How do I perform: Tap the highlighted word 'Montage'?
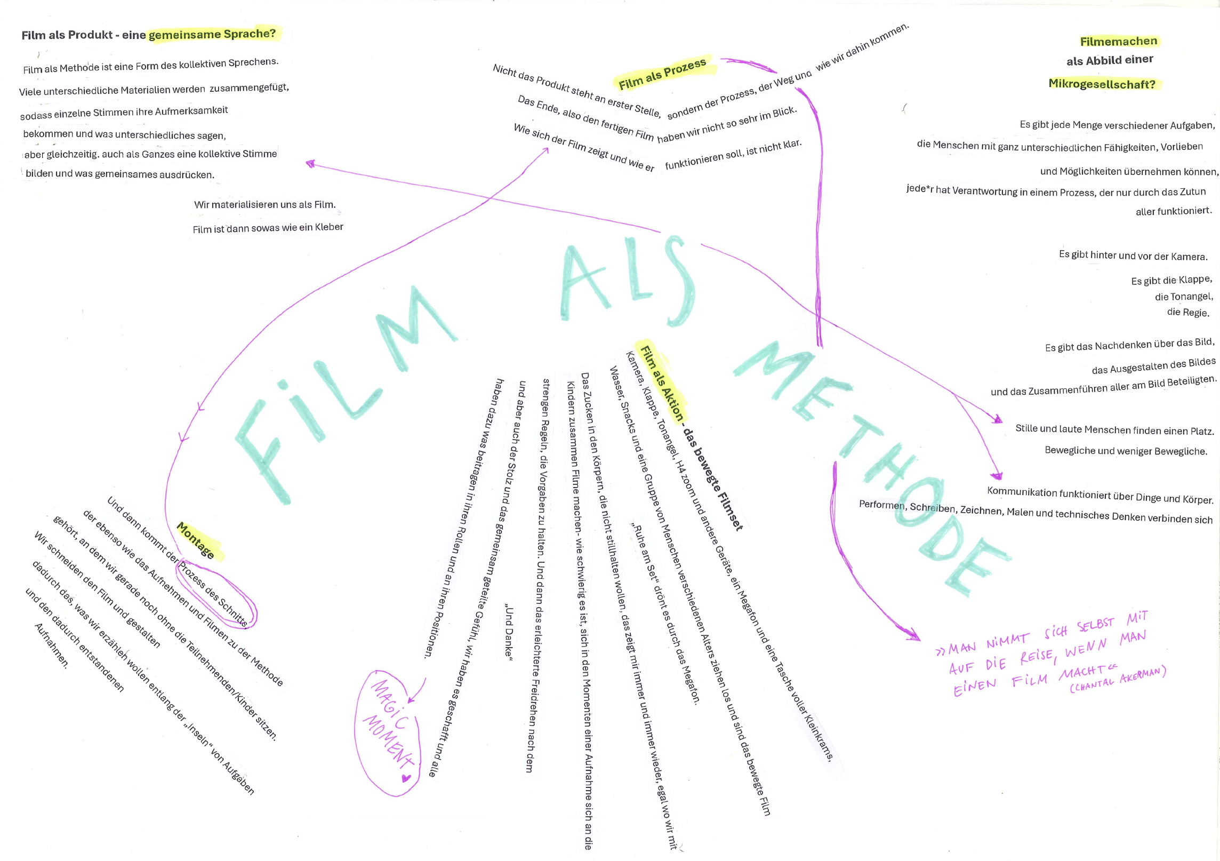coord(196,540)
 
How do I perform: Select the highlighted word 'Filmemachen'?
coord(1118,41)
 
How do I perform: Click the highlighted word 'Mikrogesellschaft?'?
coord(1102,84)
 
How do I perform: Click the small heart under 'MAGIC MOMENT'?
coord(406,778)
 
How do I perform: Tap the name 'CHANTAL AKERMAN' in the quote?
coord(1118,680)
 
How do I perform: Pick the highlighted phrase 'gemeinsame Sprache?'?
coord(212,34)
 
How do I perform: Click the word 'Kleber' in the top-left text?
coord(329,227)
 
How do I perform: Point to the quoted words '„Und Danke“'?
coord(509,632)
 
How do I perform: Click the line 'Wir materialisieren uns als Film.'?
coord(264,204)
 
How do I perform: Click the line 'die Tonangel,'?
coord(1184,296)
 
